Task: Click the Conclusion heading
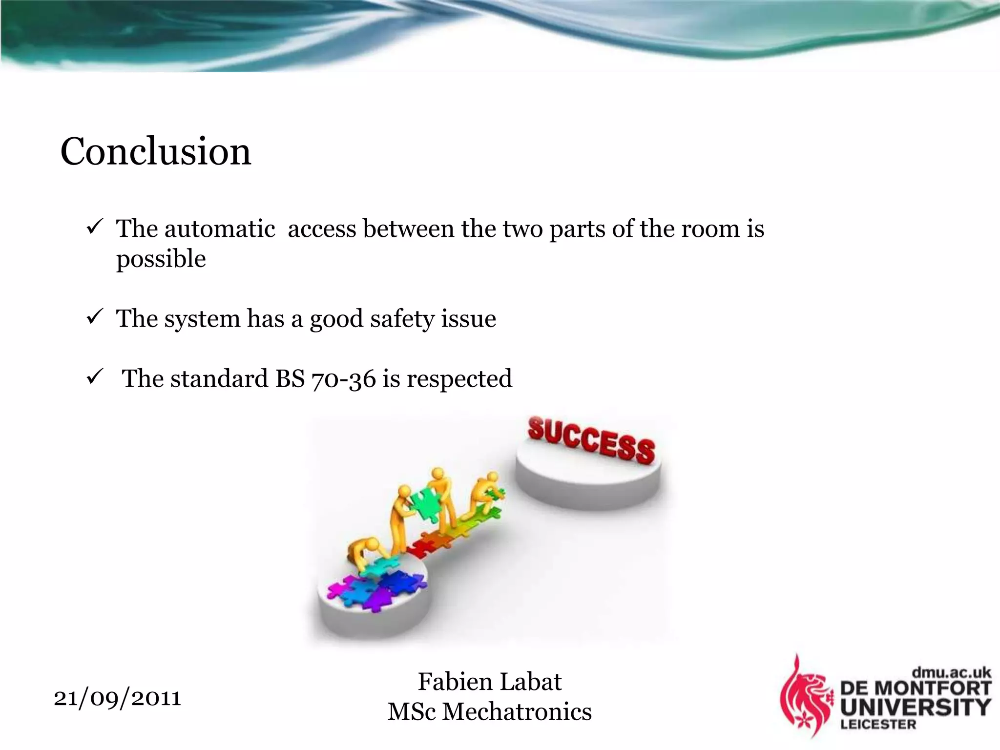coord(155,151)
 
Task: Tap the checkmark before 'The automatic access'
coord(94,227)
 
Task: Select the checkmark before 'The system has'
coord(94,316)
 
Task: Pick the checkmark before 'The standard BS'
coord(94,376)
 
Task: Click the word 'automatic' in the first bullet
coord(220,229)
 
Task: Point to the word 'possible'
coord(161,259)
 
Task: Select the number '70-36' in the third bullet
coord(343,379)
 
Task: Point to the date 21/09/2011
coord(117,698)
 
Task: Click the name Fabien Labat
coord(489,682)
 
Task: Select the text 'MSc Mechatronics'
coord(489,712)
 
